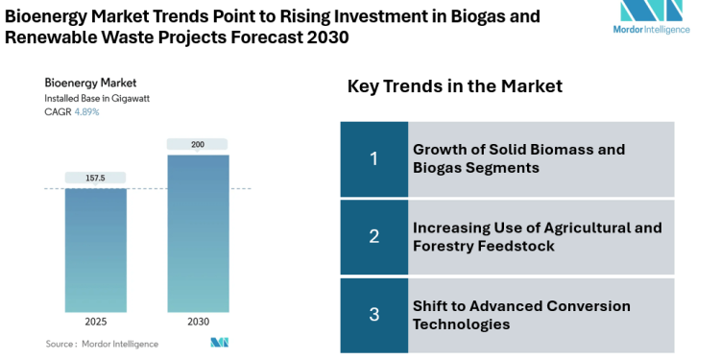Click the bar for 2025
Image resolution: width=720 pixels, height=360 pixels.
pyautogui.click(x=95, y=250)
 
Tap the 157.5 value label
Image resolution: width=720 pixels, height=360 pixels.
pyautogui.click(x=95, y=178)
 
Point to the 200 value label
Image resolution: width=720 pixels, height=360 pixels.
pyautogui.click(x=198, y=144)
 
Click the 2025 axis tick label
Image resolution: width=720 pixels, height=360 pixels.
pyautogui.click(x=95, y=322)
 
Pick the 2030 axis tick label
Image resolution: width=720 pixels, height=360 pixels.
pyautogui.click(x=198, y=322)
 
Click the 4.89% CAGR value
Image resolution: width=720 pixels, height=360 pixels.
pyautogui.click(x=86, y=112)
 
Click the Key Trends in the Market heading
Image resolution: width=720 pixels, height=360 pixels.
pyautogui.click(x=454, y=86)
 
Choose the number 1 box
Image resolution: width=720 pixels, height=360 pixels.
pyautogui.click(x=374, y=158)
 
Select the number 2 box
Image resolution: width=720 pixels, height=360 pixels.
pyautogui.click(x=374, y=236)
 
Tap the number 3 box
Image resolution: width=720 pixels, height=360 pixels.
pyautogui.click(x=374, y=314)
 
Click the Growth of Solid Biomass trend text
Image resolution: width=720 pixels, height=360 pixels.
pyautogui.click(x=518, y=158)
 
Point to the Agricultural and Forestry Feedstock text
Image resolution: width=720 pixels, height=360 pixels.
pyautogui.click(x=537, y=236)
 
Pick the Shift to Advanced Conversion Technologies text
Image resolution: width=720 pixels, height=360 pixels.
pyautogui.click(x=521, y=315)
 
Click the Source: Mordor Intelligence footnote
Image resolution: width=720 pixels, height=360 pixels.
pyautogui.click(x=92, y=343)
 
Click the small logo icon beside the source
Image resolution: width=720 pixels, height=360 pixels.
pyautogui.click(x=220, y=343)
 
